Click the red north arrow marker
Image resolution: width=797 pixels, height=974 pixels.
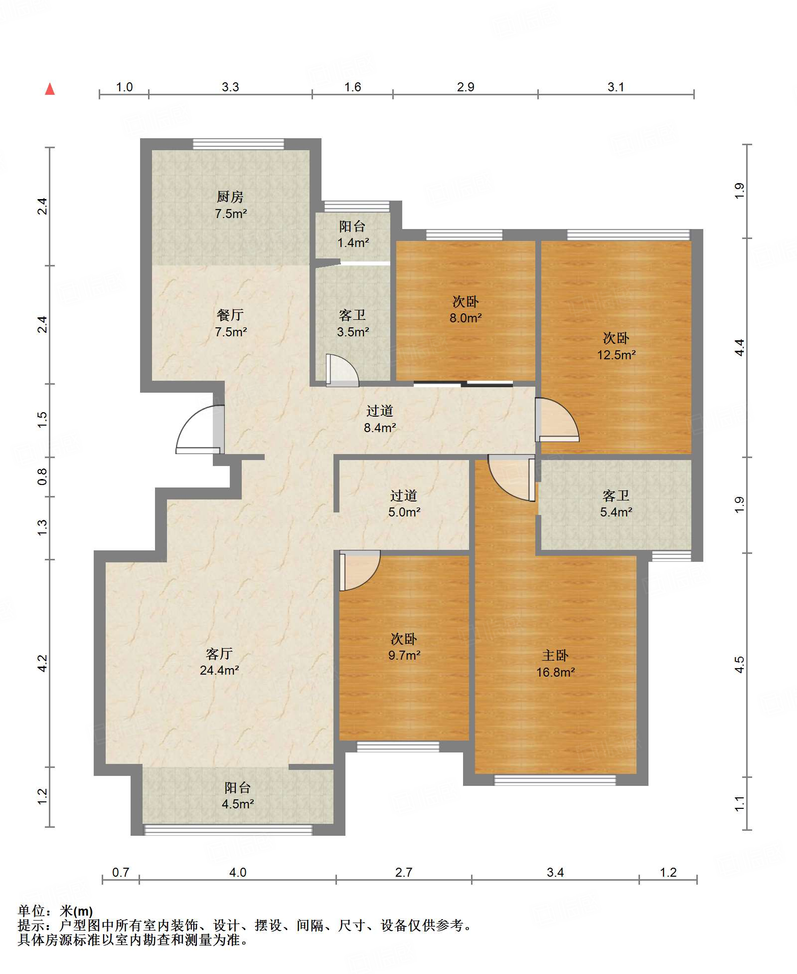click(50, 89)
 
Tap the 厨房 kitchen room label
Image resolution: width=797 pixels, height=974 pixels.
click(230, 197)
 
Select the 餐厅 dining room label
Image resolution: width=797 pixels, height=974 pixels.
click(230, 315)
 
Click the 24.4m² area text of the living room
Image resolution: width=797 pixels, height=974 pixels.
click(219, 670)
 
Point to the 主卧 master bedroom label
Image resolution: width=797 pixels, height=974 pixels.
click(555, 655)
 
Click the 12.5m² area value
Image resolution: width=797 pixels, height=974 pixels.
click(617, 355)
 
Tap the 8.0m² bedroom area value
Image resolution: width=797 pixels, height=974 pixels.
click(466, 318)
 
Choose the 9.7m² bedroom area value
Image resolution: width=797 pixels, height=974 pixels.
click(404, 655)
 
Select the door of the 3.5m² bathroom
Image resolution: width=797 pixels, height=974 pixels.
click(342, 370)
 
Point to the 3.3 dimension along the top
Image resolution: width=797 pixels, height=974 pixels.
click(230, 87)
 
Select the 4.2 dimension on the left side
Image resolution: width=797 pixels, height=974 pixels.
click(42, 663)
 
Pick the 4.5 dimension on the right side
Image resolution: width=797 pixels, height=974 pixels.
click(739, 665)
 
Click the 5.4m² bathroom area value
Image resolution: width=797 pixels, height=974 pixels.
click(617, 512)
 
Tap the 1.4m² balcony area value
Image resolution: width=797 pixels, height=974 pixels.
click(353, 243)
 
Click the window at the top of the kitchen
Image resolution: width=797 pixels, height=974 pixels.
click(238, 144)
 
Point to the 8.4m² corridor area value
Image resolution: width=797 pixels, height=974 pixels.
click(380, 428)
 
